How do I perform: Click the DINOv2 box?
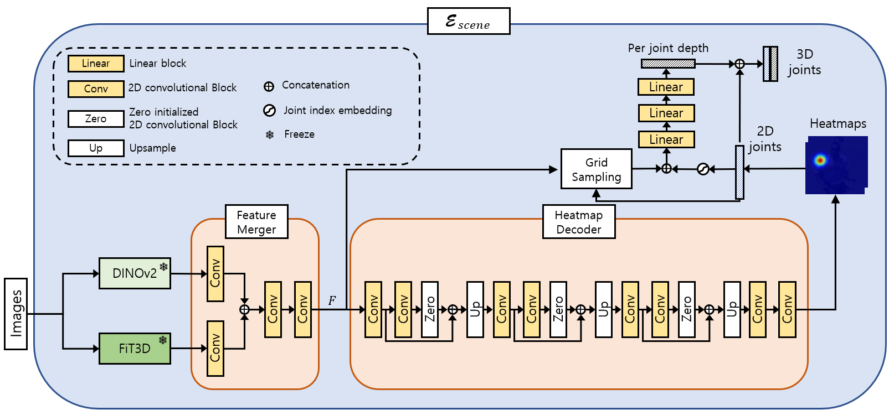click(x=135, y=273)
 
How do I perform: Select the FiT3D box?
click(x=135, y=349)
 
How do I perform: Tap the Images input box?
click(x=16, y=314)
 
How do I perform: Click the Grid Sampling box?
click(x=596, y=169)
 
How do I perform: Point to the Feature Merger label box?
click(x=256, y=222)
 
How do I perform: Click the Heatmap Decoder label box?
click(x=578, y=222)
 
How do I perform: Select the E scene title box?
click(x=469, y=21)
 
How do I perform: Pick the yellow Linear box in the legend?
click(x=96, y=64)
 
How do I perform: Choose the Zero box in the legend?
click(x=96, y=119)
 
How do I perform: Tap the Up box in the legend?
click(x=96, y=148)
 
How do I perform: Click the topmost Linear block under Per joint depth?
click(x=666, y=87)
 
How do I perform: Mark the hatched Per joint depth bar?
click(x=668, y=64)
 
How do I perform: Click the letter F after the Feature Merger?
click(x=332, y=300)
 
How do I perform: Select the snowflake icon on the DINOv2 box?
click(x=163, y=267)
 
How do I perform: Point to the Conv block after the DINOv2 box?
click(x=215, y=273)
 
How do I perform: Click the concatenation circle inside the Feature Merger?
click(x=244, y=309)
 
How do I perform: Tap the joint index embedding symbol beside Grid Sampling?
click(x=703, y=169)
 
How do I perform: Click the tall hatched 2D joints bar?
click(x=739, y=172)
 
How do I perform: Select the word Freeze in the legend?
click(x=299, y=134)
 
